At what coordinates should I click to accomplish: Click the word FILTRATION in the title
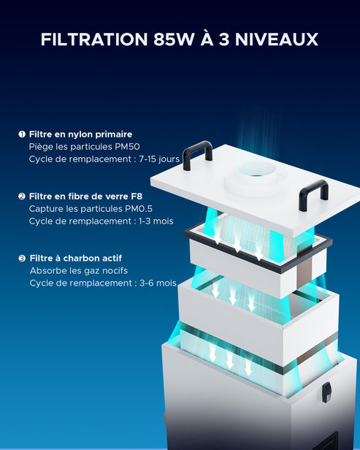point(94,39)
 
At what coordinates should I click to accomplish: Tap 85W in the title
point(173,39)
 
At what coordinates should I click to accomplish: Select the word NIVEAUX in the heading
point(277,39)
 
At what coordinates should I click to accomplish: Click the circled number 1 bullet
point(22,134)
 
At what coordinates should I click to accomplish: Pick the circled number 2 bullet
point(22,197)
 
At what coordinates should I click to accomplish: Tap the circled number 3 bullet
point(22,259)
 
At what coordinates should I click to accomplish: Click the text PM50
point(127,147)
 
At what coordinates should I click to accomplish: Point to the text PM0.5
point(138,209)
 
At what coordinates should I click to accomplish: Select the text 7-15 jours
point(159,159)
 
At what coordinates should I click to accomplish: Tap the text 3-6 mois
point(158,283)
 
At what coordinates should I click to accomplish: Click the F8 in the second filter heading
point(137,197)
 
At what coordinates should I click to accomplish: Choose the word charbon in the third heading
point(77,259)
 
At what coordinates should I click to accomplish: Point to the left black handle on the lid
point(197,154)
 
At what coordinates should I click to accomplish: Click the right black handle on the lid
point(313,194)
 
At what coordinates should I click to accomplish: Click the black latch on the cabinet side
point(326,392)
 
